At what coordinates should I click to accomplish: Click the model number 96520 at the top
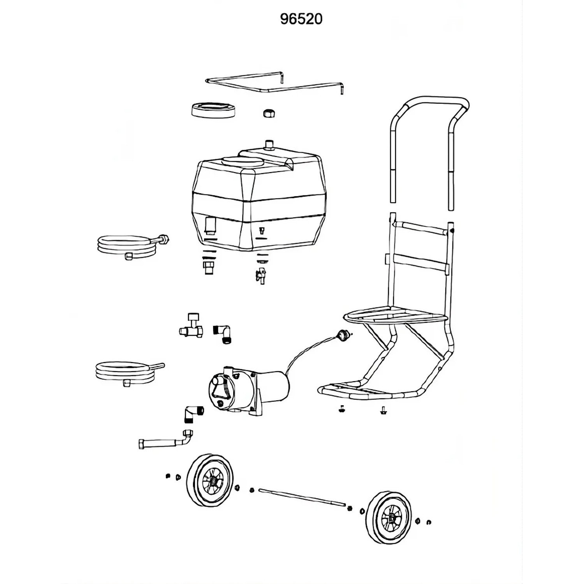pyautogui.click(x=301, y=19)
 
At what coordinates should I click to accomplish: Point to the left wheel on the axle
pyautogui.click(x=210, y=480)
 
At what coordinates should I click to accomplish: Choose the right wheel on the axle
pyautogui.click(x=389, y=517)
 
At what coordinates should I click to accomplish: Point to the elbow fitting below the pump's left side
pyautogui.click(x=193, y=415)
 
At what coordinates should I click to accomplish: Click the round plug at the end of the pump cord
pyautogui.click(x=343, y=334)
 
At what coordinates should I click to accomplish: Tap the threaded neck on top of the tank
pyautogui.click(x=269, y=144)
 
